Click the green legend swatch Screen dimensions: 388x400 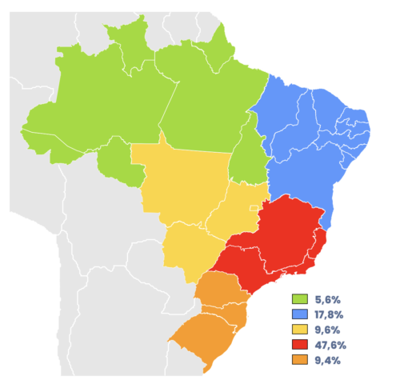pyautogui.click(x=300, y=299)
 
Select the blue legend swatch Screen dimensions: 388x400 pyautogui.click(x=300, y=314)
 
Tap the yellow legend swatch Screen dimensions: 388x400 pyautogui.click(x=300, y=329)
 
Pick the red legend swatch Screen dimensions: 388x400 pyautogui.click(x=300, y=344)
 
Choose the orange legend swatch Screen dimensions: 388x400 pyautogui.click(x=300, y=359)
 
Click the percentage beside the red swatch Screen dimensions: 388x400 pyautogui.click(x=330, y=345)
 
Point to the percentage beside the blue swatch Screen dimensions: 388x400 pyautogui.click(x=330, y=314)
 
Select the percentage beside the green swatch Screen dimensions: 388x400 pyautogui.click(x=327, y=299)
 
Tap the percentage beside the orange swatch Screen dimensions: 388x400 pyautogui.click(x=327, y=360)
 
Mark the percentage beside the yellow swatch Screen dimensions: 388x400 pyautogui.click(x=327, y=330)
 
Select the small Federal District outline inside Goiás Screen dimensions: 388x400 pyautogui.click(x=255, y=208)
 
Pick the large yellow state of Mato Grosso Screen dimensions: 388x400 pyautogui.click(x=180, y=176)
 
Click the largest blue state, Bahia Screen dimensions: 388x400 pyautogui.click(x=304, y=172)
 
